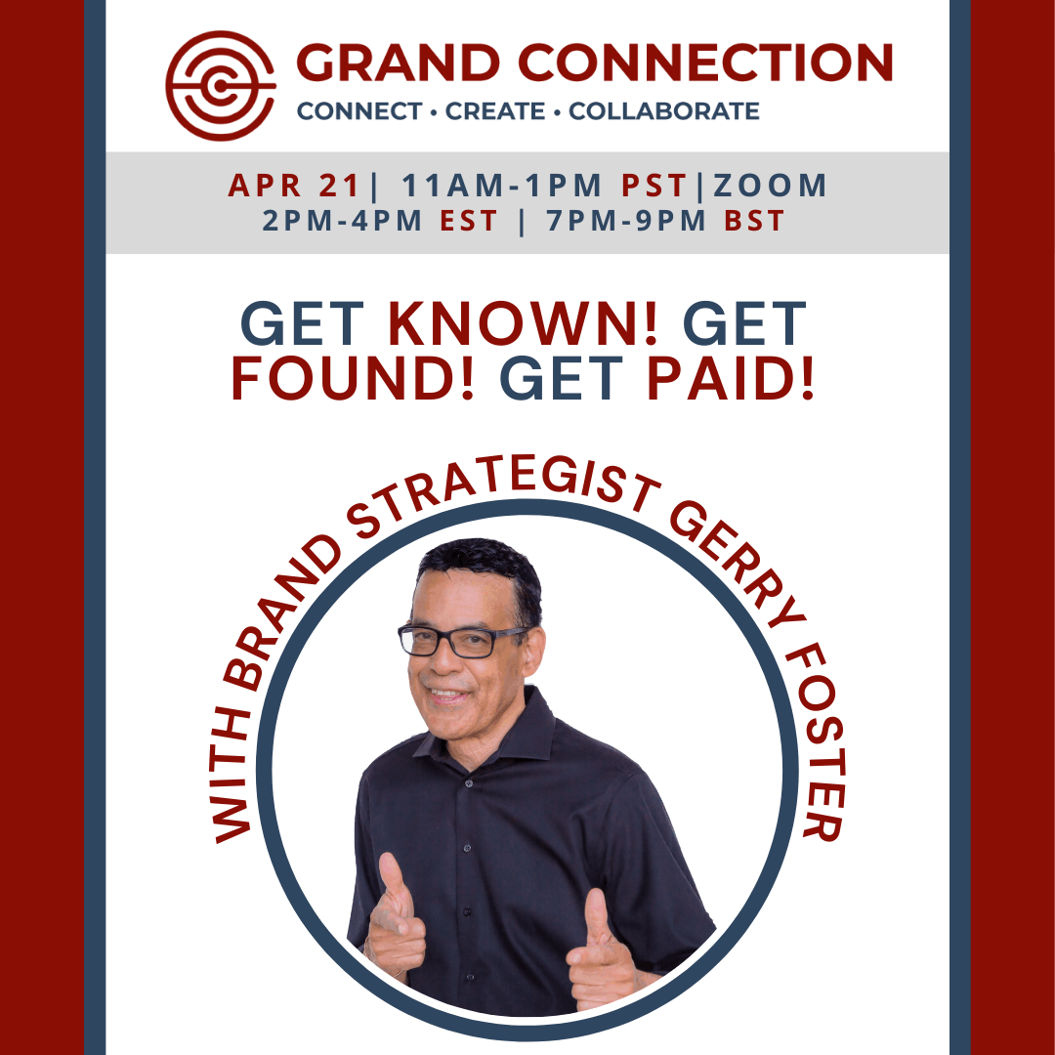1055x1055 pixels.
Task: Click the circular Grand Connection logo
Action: [x=221, y=85]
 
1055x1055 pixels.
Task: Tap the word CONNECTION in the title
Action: [x=705, y=63]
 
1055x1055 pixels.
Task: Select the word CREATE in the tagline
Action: [x=495, y=111]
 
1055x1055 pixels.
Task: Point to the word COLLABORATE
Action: [x=664, y=111]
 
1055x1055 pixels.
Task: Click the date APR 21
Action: [x=294, y=185]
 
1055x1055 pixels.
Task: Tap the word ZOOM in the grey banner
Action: [x=770, y=185]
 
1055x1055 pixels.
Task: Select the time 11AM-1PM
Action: [x=501, y=185]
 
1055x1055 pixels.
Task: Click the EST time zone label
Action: [x=468, y=221]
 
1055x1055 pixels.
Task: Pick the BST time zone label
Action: [x=754, y=221]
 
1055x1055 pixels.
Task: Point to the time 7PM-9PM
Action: [x=626, y=221]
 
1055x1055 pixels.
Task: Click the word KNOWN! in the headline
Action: [x=523, y=323]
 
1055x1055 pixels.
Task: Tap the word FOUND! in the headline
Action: [x=353, y=378]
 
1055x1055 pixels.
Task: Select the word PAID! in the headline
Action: [x=731, y=378]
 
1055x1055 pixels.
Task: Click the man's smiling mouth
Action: [x=446, y=695]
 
